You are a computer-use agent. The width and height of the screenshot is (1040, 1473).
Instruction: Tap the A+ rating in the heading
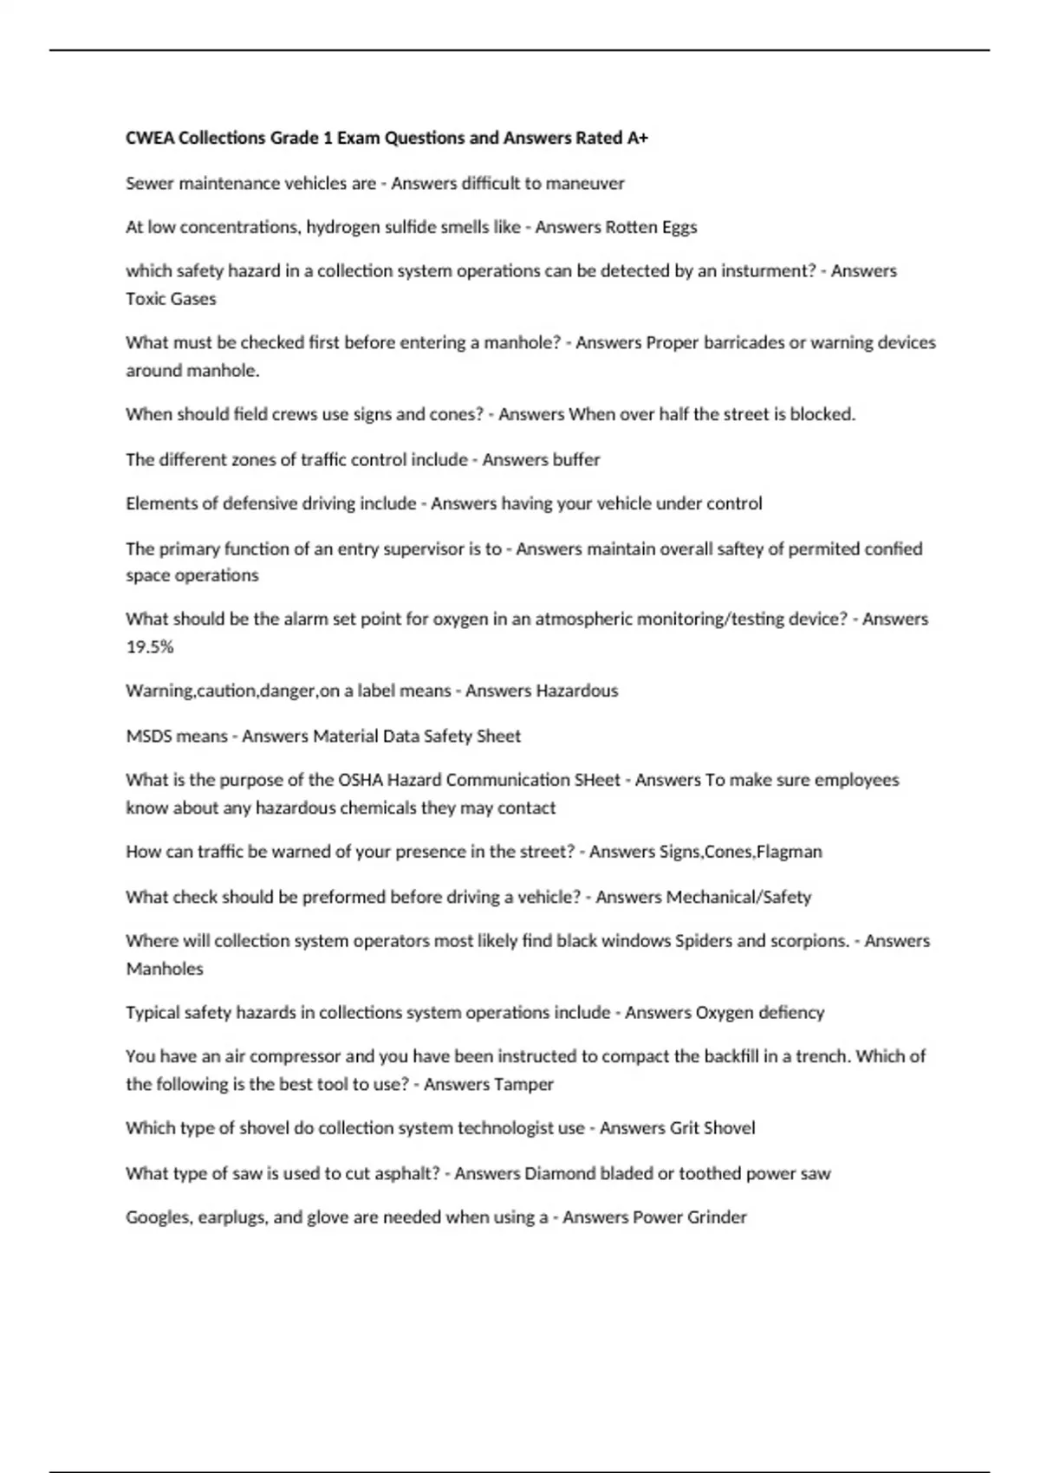point(637,138)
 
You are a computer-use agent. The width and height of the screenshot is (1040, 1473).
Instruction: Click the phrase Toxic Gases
point(171,299)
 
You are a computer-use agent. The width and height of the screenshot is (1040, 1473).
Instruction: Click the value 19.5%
point(150,646)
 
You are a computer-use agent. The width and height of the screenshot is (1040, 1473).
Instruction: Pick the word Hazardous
point(577,691)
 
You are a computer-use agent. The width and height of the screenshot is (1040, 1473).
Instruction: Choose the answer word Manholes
point(165,969)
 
